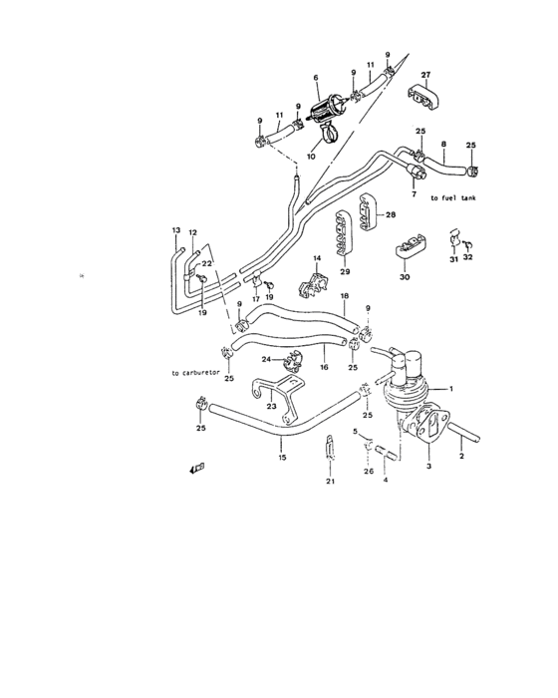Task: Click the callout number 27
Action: [424, 75]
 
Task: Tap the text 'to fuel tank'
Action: [453, 198]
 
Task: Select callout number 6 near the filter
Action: [316, 77]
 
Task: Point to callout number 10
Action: [311, 157]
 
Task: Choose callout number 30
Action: [405, 277]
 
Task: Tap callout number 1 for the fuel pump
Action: [450, 388]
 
